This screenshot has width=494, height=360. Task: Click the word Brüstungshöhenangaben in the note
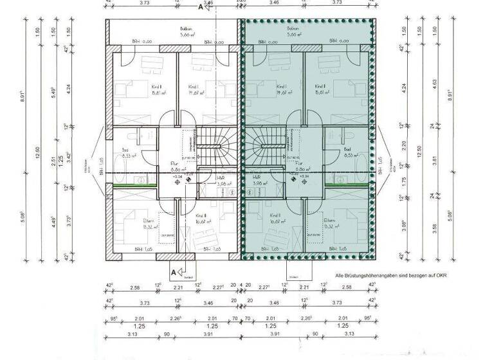click(382, 275)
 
